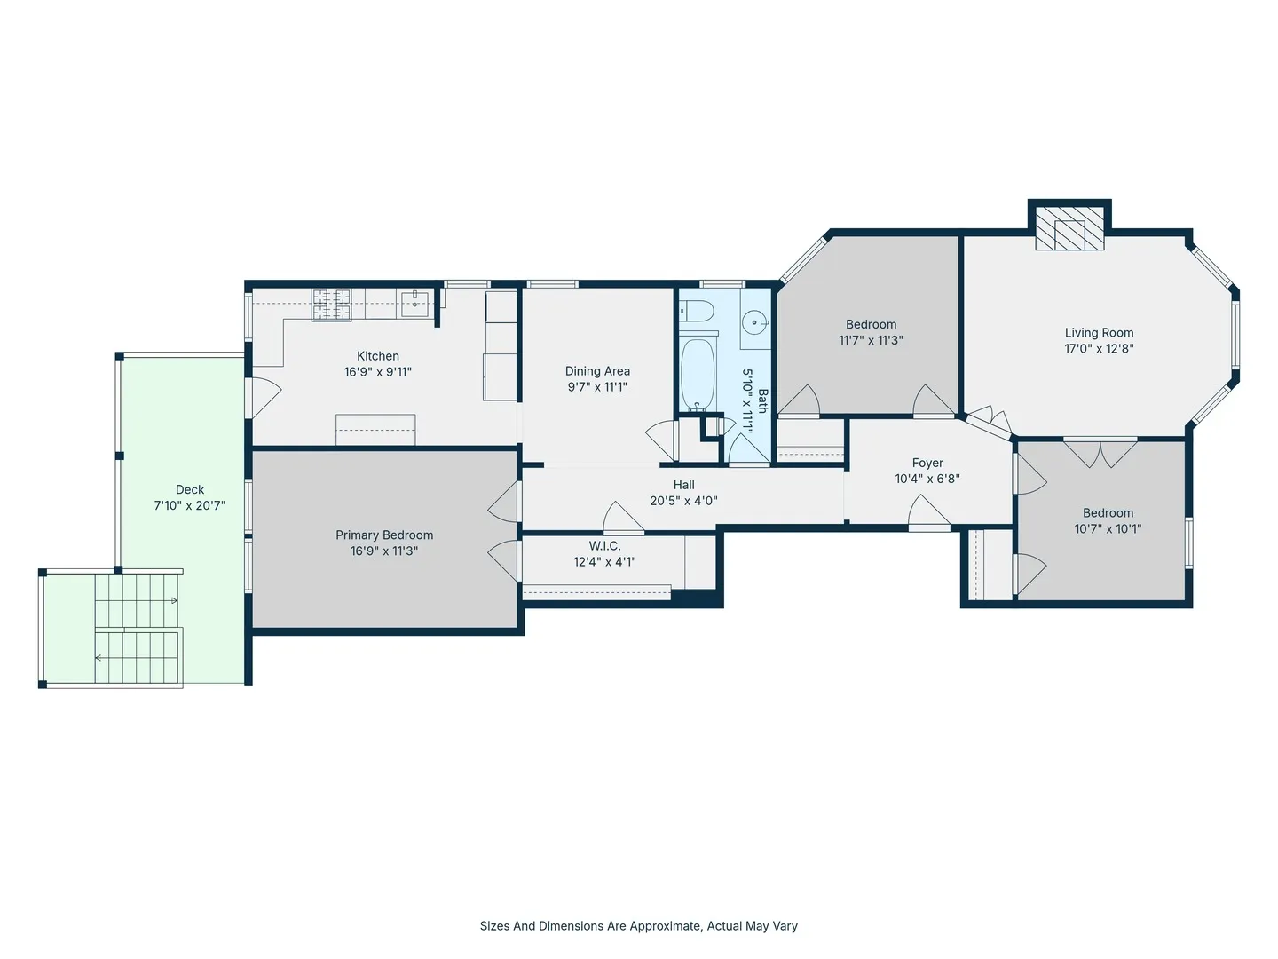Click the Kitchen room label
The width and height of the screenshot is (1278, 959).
click(x=378, y=356)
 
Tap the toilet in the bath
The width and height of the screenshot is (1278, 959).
click(x=697, y=311)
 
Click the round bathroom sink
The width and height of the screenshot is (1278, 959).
click(x=756, y=321)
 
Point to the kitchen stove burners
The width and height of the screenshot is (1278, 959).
click(x=332, y=305)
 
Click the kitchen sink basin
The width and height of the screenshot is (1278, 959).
click(x=414, y=304)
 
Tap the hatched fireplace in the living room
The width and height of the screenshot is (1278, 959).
click(x=1069, y=227)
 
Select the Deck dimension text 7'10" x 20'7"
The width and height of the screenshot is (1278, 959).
click(x=190, y=505)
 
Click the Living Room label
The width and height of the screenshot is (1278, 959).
click(x=1100, y=332)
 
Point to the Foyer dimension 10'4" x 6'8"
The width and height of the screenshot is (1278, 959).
click(x=927, y=479)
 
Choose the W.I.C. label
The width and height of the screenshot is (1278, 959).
click(x=605, y=545)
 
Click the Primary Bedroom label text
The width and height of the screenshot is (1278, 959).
click(x=384, y=535)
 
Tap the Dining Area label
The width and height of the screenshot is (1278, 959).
click(x=597, y=371)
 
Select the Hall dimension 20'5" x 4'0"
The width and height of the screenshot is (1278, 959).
click(x=683, y=500)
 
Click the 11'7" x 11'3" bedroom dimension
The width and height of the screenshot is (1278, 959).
click(x=871, y=340)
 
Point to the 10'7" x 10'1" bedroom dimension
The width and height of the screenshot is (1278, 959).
click(x=1108, y=528)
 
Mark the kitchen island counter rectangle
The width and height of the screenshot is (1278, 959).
click(x=375, y=430)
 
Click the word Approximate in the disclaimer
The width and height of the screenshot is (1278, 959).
click(x=664, y=926)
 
